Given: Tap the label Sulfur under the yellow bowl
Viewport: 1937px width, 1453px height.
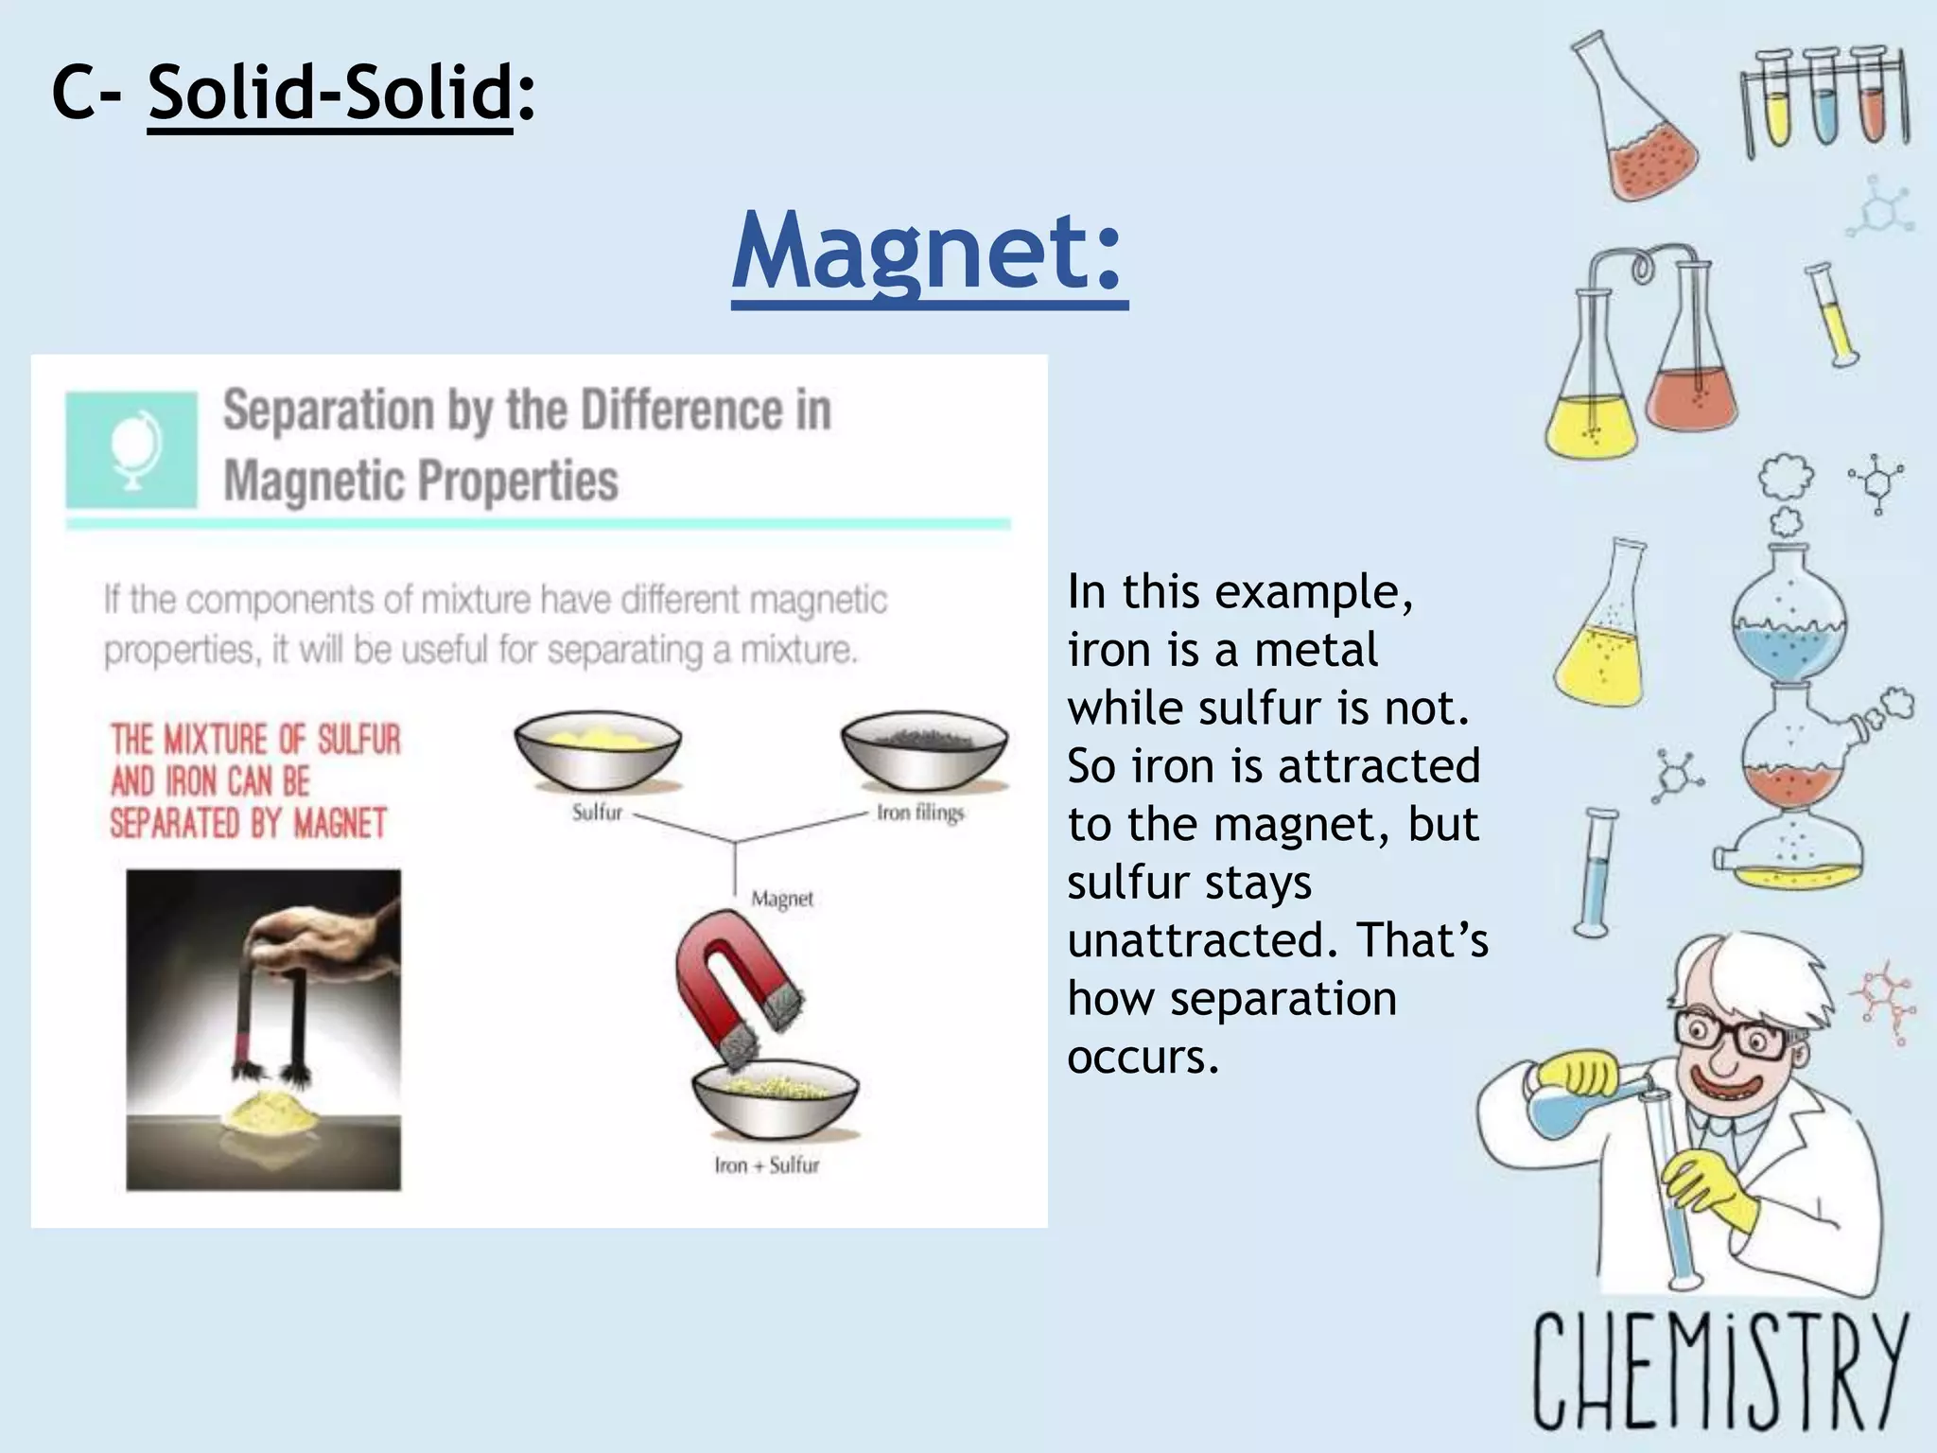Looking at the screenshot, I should click(597, 813).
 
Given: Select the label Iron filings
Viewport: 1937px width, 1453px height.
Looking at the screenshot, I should click(919, 813).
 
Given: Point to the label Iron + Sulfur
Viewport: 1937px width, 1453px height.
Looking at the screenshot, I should click(766, 1165).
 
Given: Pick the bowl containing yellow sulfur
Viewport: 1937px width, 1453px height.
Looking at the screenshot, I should click(597, 751).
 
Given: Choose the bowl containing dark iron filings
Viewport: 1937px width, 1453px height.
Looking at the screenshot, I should click(924, 751).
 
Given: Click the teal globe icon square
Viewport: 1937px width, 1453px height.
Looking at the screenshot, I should click(131, 450).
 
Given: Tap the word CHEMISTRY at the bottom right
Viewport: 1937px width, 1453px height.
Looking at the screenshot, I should click(1717, 1372).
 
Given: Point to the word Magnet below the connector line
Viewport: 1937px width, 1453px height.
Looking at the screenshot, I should click(782, 899).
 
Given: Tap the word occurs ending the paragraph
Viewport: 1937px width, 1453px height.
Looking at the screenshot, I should click(1143, 1057).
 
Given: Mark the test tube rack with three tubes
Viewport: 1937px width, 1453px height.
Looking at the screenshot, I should click(1825, 104).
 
